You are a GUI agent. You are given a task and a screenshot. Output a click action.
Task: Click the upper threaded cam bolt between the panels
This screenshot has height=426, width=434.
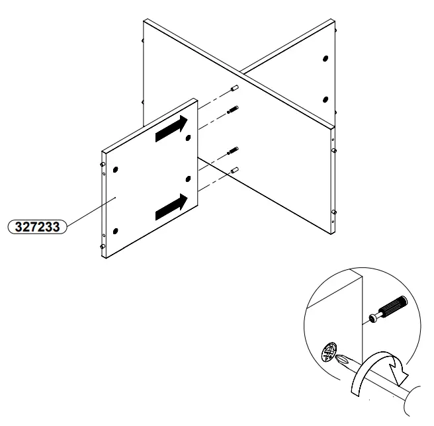point(233,110)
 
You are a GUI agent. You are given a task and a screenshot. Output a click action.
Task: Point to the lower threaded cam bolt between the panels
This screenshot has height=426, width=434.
point(233,153)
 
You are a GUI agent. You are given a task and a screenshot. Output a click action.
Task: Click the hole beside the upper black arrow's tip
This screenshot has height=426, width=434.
point(189,138)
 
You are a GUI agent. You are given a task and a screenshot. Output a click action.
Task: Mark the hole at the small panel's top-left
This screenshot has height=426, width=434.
point(116,169)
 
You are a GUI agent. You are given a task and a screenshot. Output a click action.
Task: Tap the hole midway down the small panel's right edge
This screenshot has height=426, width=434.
point(189,179)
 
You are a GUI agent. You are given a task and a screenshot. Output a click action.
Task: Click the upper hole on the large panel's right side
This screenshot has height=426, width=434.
point(325,59)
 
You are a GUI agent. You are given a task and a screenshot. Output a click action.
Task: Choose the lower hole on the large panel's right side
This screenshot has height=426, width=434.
point(325,101)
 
